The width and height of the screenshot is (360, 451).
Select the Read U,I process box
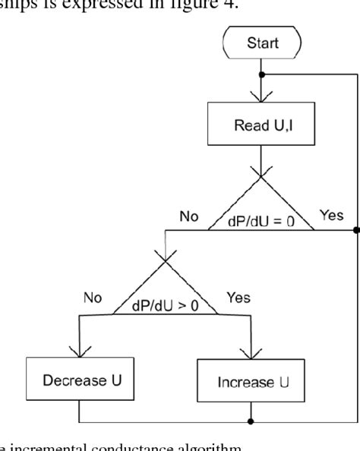tap(261, 123)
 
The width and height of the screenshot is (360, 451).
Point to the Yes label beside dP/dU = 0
tap(332, 216)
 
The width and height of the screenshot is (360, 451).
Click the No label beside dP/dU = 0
tap(189, 216)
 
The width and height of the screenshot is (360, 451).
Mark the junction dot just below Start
tap(261, 74)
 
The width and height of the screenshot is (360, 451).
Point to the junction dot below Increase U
tap(251, 420)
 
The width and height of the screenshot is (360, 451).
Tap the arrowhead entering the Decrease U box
tap(79, 351)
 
